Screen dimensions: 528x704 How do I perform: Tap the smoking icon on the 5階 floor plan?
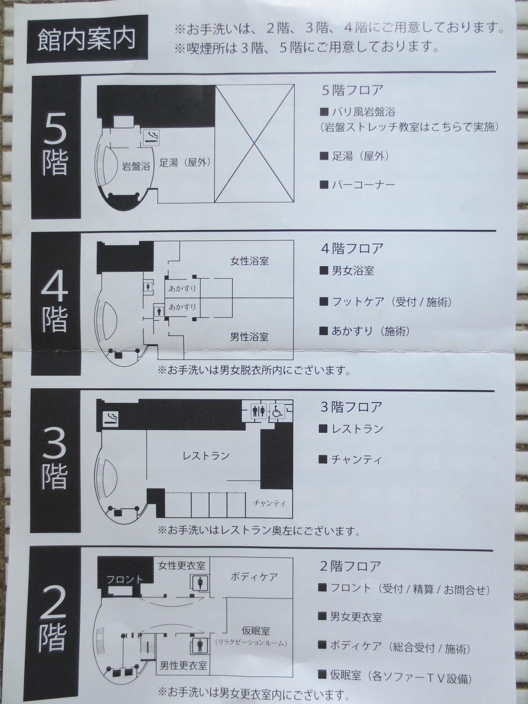[151, 138]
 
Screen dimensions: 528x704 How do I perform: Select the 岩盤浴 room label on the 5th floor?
[136, 166]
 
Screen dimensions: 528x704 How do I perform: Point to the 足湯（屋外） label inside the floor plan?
[185, 163]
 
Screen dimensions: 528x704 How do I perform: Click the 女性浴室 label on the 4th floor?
[249, 261]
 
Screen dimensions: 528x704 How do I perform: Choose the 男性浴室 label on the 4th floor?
[249, 337]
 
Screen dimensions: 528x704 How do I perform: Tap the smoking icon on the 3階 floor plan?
[111, 419]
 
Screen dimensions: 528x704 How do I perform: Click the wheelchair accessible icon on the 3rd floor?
[277, 411]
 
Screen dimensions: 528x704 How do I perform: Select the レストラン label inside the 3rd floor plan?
[206, 456]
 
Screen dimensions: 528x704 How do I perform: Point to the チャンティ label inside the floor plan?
[269, 503]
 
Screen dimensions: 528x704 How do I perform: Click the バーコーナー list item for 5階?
[357, 185]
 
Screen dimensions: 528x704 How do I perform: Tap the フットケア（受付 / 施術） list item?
[386, 302]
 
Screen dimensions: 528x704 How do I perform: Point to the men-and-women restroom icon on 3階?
[258, 411]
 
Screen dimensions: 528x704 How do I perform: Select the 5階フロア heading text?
[353, 90]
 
